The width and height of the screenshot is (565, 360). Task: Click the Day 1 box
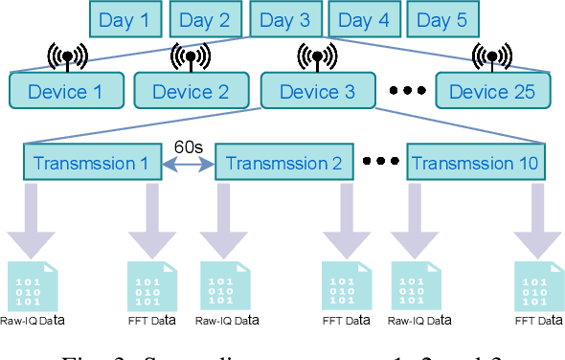pos(124,19)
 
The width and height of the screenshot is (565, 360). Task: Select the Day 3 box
pos(284,19)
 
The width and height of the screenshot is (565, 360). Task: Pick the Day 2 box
pos(204,19)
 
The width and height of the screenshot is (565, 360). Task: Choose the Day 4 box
pos(364,19)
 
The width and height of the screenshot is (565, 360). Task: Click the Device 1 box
pos(65,92)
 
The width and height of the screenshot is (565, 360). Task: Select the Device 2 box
pos(191,92)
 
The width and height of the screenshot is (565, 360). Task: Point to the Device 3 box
pos(317,92)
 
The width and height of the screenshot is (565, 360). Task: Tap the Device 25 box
pos(493,92)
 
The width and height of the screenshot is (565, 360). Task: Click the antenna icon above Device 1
pos(65,57)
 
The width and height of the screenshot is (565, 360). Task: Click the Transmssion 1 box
pos(91,162)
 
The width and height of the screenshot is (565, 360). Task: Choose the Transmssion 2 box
pos(283,162)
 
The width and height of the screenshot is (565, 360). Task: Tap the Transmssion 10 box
pos(476,162)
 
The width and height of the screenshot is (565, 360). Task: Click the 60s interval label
pos(188,146)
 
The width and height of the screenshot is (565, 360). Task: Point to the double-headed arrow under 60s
pos(188,164)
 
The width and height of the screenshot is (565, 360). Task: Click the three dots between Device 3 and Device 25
pos(407,93)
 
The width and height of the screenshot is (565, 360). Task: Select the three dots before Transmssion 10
pos(381,163)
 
